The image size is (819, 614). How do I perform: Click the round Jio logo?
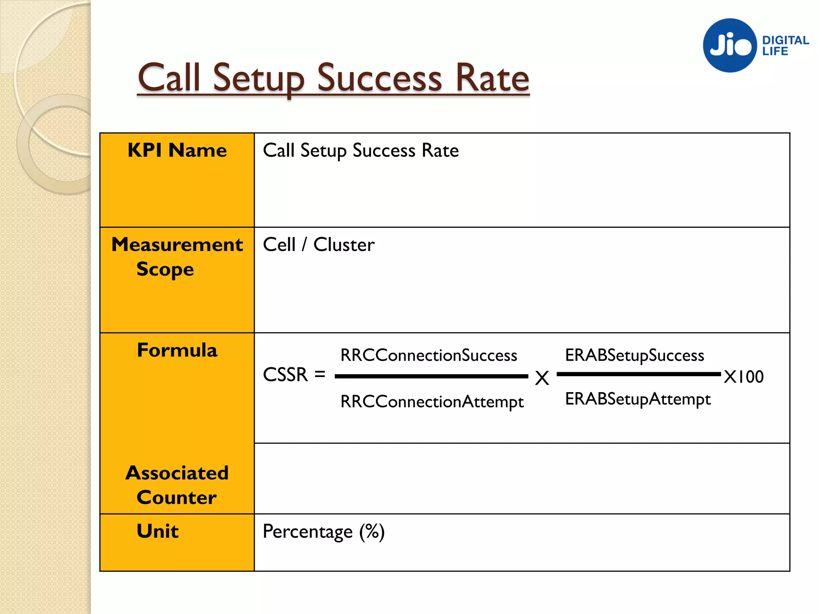tap(730, 45)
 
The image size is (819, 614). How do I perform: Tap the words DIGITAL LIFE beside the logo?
tap(785, 46)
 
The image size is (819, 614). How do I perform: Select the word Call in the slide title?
tap(168, 78)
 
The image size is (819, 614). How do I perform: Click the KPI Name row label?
tap(177, 151)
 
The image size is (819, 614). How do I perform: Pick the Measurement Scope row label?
tap(177, 257)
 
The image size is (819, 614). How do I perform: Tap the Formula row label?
tap(177, 351)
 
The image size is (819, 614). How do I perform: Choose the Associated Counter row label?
tap(177, 485)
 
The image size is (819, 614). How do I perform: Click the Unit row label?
tap(158, 531)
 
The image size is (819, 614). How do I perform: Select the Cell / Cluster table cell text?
tap(319, 245)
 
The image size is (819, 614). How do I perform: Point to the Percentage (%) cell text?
tap(324, 532)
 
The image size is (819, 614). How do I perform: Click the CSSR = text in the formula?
tap(294, 375)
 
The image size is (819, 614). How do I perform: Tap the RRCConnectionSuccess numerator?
tap(429, 355)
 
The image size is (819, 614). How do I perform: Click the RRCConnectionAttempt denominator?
tap(432, 402)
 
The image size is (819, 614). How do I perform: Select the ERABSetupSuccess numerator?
tap(634, 355)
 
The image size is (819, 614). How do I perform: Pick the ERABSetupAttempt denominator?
tap(638, 399)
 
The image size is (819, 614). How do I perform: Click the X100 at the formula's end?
tap(744, 377)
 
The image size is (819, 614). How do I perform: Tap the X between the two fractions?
tap(542, 378)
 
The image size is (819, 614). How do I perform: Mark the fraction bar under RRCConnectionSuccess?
tap(431, 376)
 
